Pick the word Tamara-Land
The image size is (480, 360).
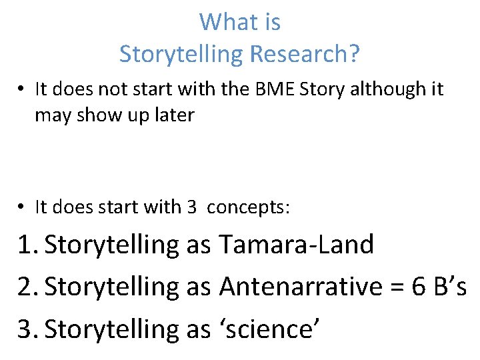[296, 245]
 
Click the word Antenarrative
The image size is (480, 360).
[297, 287]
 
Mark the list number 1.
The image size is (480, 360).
[25, 245]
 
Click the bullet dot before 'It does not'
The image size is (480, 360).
[23, 90]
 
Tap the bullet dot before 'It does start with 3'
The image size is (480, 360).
[23, 207]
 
